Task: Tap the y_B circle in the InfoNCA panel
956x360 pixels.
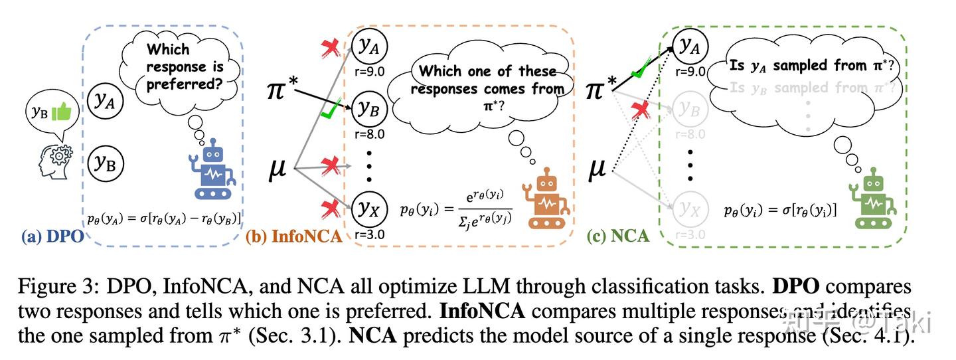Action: (x=368, y=109)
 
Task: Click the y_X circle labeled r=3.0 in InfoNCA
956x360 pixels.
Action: (x=368, y=209)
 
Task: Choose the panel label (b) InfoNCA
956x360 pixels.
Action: (x=293, y=236)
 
